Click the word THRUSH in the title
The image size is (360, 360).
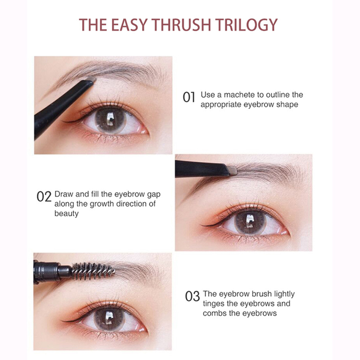[181, 25]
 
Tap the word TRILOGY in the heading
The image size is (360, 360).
[246, 25]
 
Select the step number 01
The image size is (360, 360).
[189, 97]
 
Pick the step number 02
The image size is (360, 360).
[44, 197]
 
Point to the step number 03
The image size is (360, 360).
[193, 296]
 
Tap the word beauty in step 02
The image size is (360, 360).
[66, 214]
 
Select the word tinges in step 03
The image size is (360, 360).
[214, 304]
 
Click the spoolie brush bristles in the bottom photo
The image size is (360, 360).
[93, 271]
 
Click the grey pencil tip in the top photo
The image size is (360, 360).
[91, 79]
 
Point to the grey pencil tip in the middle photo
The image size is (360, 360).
[233, 171]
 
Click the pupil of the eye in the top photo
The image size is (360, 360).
[110, 120]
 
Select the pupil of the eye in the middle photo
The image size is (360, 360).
[250, 222]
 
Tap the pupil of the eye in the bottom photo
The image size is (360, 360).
[109, 319]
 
